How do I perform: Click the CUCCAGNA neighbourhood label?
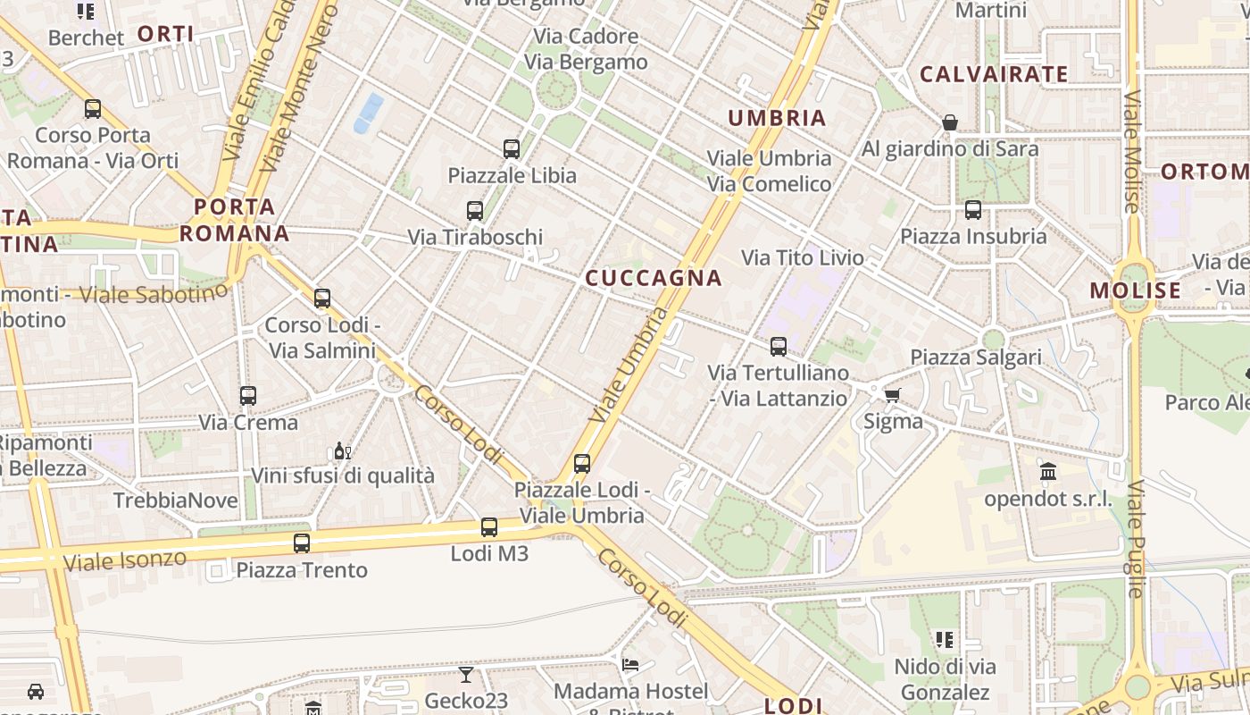click(x=653, y=278)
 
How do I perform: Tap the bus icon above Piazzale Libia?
click(x=512, y=149)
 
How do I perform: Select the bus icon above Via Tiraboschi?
click(x=475, y=211)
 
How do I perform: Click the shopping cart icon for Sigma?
click(x=891, y=395)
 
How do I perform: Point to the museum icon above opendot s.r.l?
click(x=1048, y=471)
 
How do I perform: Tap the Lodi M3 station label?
click(x=489, y=554)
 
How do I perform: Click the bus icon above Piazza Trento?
click(x=302, y=543)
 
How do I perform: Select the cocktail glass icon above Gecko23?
click(x=466, y=674)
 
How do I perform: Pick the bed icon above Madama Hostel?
click(x=630, y=665)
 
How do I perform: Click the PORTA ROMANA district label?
click(x=235, y=221)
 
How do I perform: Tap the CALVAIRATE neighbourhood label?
click(x=994, y=75)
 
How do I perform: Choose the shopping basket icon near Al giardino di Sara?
click(x=950, y=122)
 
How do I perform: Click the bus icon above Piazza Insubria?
click(x=973, y=210)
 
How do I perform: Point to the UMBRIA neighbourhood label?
click(x=777, y=118)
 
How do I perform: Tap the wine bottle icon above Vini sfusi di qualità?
click(x=342, y=450)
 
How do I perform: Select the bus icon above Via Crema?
click(x=248, y=395)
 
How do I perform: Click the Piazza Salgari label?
click(x=976, y=357)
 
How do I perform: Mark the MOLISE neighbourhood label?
click(x=1136, y=290)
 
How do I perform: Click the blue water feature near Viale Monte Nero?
click(x=369, y=114)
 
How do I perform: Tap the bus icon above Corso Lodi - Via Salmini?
click(x=322, y=299)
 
